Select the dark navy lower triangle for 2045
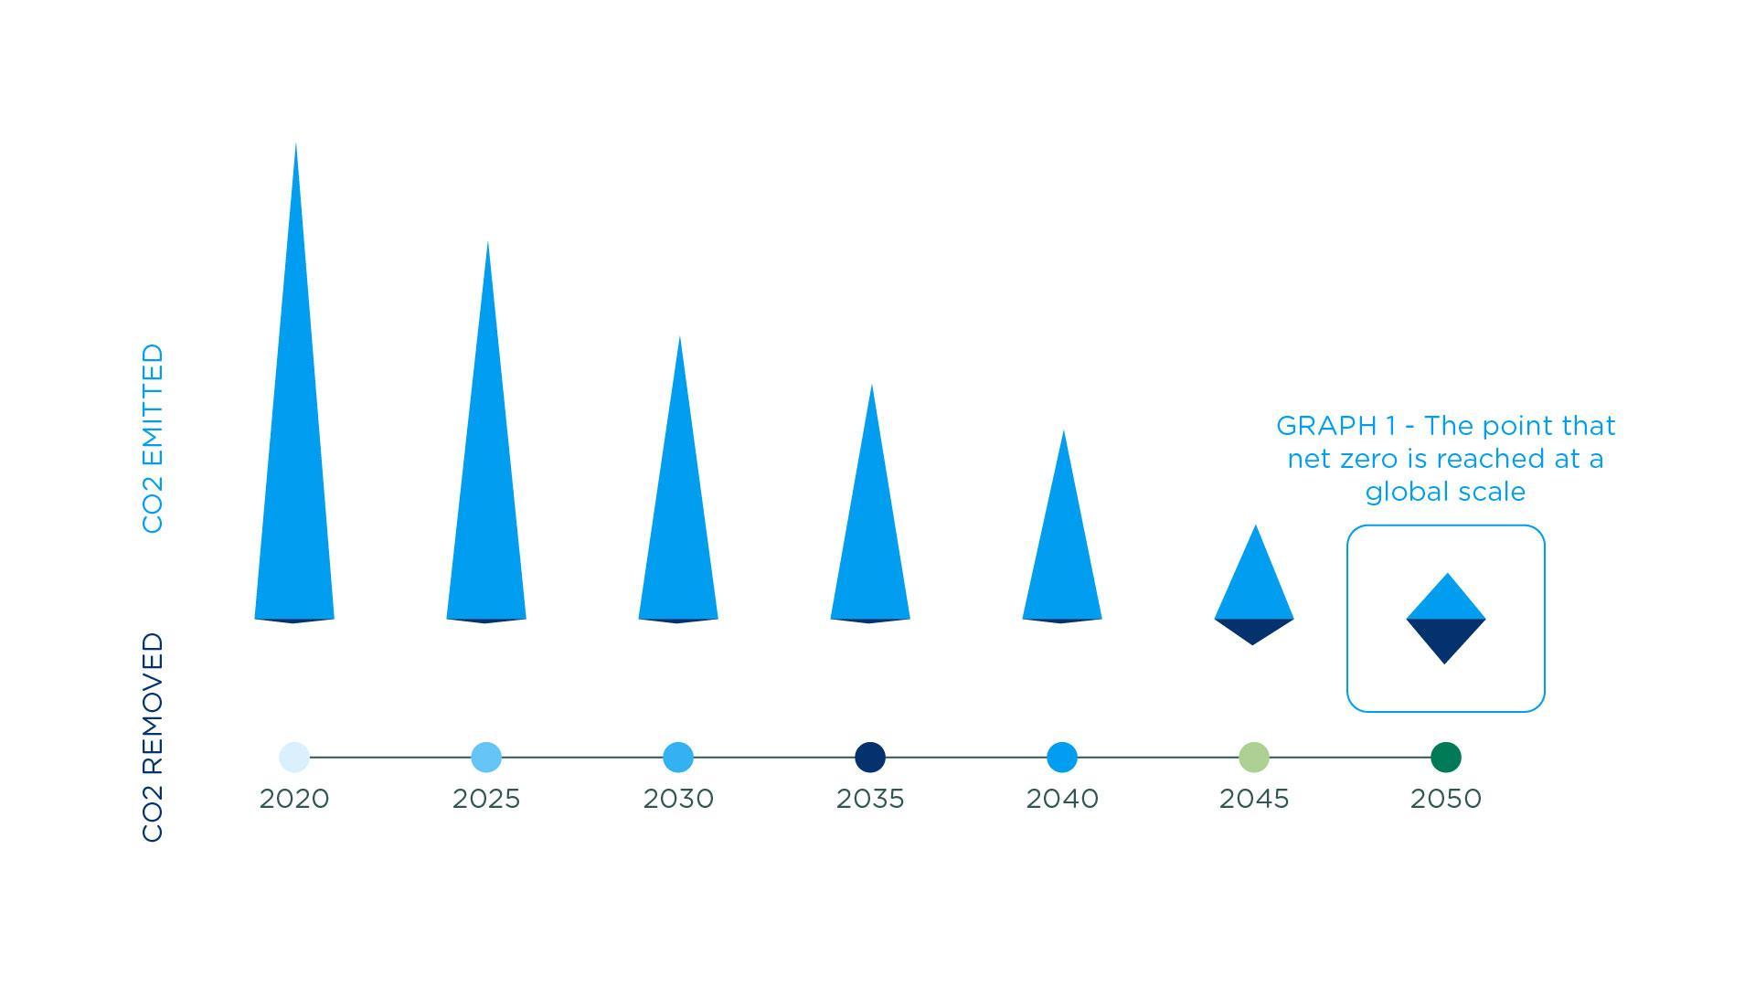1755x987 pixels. (x=1253, y=629)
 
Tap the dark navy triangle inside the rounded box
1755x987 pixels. (x=1445, y=635)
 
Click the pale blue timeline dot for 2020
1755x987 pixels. (x=294, y=757)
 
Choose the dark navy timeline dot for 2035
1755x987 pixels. (x=870, y=757)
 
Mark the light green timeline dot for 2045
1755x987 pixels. (x=1254, y=757)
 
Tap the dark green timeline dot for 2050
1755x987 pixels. (x=1446, y=757)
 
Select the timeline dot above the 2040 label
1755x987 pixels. (x=1062, y=757)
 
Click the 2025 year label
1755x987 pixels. (x=486, y=799)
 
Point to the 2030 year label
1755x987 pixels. (x=678, y=799)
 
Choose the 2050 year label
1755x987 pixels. (x=1446, y=799)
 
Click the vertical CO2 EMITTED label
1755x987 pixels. (x=153, y=439)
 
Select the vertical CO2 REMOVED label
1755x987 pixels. (x=153, y=738)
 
